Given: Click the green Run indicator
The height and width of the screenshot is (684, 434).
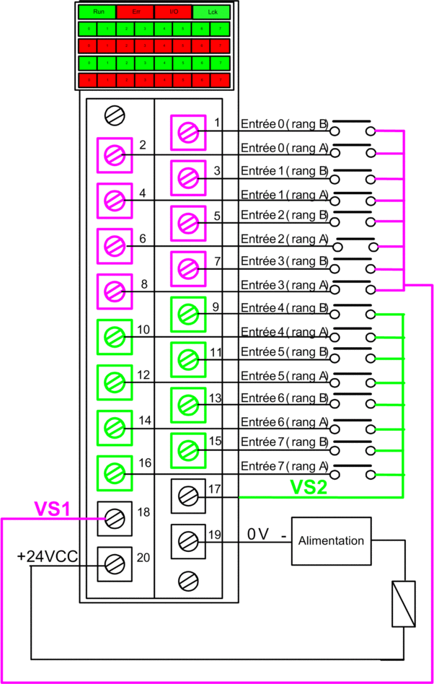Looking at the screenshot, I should (x=98, y=12).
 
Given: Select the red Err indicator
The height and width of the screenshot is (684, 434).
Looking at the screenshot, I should (x=136, y=12).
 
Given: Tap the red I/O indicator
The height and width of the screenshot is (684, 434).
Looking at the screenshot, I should (x=174, y=12).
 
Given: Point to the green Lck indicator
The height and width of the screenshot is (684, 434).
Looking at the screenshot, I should (x=211, y=12).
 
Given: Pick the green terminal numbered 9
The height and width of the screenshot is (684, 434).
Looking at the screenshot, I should (x=188, y=314).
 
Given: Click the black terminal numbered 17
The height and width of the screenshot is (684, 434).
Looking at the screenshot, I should (x=188, y=496).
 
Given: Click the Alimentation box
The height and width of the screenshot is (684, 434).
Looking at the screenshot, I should (x=331, y=540).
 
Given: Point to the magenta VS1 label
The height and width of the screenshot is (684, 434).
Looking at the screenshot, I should (x=53, y=509).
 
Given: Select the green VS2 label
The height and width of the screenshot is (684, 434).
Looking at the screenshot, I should (x=309, y=487).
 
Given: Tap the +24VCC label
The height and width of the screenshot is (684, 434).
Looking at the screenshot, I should (x=48, y=556).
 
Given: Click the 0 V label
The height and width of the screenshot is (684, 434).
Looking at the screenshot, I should (x=257, y=534).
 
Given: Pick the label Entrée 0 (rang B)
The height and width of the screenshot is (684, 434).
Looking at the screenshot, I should (x=283, y=124).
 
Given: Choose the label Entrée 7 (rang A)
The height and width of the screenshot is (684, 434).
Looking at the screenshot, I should (x=284, y=465).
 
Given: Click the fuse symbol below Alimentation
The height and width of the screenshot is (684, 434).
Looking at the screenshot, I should (x=402, y=603).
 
